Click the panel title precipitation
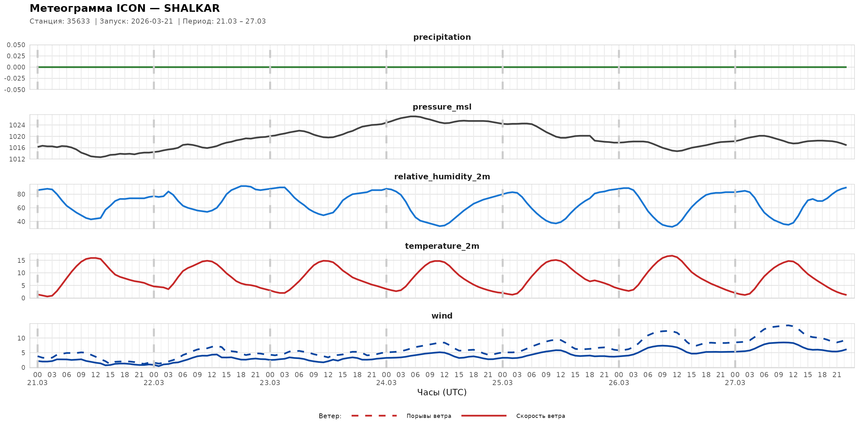point(442,37)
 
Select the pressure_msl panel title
point(442,107)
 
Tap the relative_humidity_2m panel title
point(442,176)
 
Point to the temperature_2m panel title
point(442,246)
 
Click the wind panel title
point(442,316)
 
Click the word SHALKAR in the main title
point(192,8)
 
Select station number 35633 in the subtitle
point(78,21)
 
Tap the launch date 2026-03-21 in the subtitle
point(152,21)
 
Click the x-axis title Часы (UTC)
point(442,392)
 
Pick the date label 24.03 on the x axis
point(386,383)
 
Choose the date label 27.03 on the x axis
point(735,383)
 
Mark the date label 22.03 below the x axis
point(154,383)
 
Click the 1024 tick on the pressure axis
point(17,125)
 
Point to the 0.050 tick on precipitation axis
point(16,45)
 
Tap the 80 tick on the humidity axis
point(21,194)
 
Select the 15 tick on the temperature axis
point(21,261)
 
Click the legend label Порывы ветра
point(429,416)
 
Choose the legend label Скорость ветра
point(541,416)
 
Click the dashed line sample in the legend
point(374,416)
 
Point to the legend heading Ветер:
point(330,416)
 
